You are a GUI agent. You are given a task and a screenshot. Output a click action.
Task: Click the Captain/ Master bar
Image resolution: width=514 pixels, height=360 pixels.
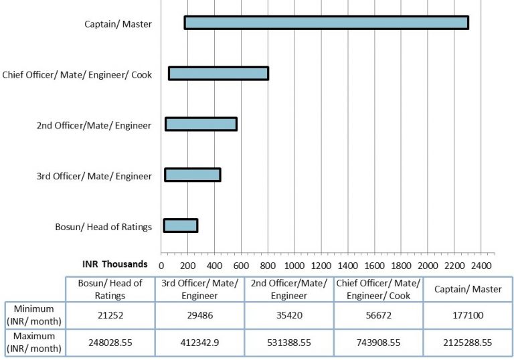click(326, 23)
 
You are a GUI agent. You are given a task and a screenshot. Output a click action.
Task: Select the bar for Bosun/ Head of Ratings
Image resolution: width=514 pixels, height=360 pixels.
click(181, 226)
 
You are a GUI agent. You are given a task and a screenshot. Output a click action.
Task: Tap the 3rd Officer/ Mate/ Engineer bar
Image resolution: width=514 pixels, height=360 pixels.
click(193, 175)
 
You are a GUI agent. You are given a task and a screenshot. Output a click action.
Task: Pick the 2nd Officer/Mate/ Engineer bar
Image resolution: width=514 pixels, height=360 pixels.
click(201, 124)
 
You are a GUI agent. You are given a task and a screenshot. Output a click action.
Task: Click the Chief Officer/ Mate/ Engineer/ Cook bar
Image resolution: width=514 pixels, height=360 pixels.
click(219, 74)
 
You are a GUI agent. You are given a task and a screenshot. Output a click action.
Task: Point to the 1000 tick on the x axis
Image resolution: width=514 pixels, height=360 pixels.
click(294, 265)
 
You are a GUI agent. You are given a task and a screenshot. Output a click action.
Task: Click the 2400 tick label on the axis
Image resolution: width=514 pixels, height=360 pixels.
click(481, 265)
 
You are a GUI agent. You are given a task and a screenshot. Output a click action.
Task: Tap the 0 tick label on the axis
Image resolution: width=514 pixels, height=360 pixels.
click(161, 265)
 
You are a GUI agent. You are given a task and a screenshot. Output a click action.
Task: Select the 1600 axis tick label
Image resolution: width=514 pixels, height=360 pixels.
click(374, 265)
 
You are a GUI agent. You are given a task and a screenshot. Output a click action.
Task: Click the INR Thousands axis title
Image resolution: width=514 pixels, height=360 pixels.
click(114, 264)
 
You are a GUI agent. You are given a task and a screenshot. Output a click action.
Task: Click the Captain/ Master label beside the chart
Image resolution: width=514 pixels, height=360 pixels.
click(118, 25)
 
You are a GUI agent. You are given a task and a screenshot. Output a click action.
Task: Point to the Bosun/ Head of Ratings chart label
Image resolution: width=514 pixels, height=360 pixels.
click(103, 226)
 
